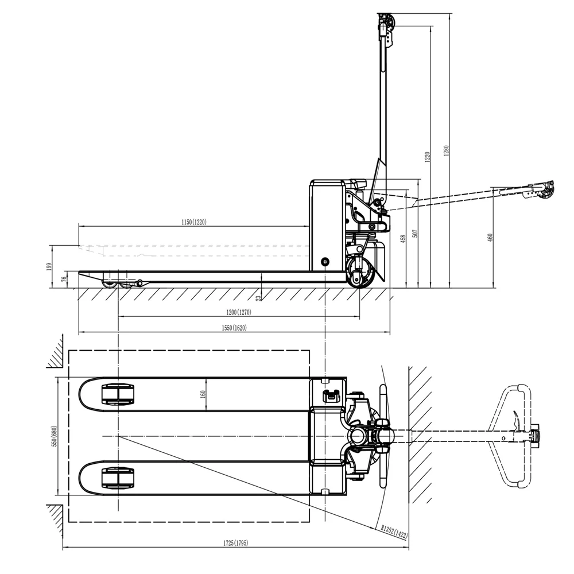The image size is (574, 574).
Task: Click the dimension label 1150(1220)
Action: (193, 222)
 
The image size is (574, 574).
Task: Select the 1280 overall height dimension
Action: (446, 151)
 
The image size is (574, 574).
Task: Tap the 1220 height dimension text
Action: (427, 157)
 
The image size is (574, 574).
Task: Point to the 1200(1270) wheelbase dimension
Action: (239, 312)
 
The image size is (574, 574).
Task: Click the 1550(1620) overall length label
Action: (234, 328)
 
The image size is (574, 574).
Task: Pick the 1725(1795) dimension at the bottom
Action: (235, 543)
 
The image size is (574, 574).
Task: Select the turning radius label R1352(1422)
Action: (394, 532)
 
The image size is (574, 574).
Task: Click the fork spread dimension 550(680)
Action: (55, 436)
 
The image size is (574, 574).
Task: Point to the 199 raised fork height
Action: (49, 266)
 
